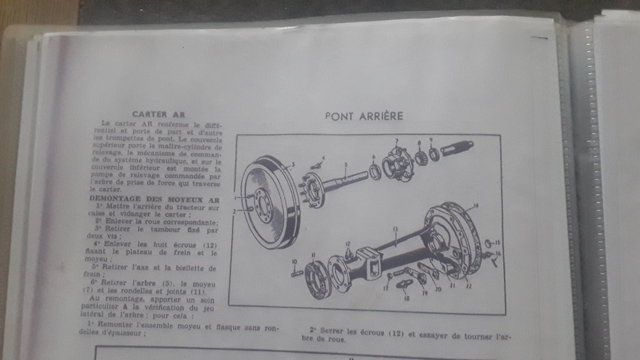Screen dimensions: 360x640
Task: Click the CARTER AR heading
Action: [158, 115]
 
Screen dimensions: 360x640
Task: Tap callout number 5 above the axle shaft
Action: [344, 165]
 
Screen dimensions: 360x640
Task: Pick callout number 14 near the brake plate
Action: [476, 206]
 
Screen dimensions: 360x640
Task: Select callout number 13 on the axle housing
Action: [395, 229]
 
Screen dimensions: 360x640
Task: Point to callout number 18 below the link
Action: [406, 299]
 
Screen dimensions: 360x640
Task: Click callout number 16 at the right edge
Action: [498, 253]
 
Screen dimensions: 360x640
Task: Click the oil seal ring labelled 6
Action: [375, 172]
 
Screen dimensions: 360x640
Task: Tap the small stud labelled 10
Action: [297, 272]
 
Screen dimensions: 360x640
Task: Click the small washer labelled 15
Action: [488, 242]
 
